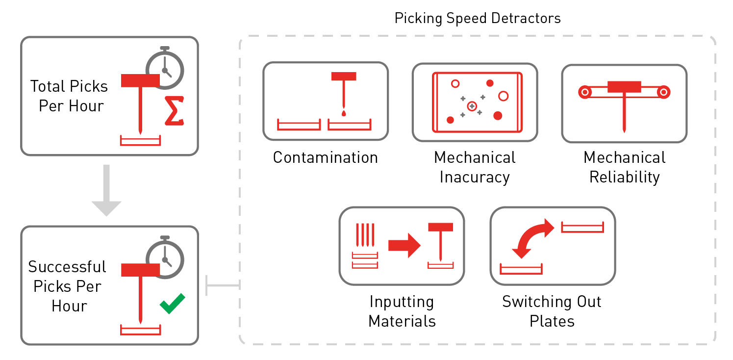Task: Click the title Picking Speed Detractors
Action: click(477, 19)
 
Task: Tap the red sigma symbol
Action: click(174, 111)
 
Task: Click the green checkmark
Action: click(173, 303)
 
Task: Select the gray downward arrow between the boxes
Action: click(106, 191)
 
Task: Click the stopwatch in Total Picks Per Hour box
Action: click(165, 69)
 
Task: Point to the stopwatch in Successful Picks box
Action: click(165, 258)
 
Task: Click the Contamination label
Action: click(325, 157)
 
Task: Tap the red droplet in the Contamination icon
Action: click(343, 113)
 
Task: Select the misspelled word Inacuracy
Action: click(474, 177)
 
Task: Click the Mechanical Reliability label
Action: click(624, 167)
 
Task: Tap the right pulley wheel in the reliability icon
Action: click(663, 92)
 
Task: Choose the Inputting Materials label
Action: click(402, 311)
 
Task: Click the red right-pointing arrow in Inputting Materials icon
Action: click(404, 245)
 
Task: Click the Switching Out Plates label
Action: click(552, 311)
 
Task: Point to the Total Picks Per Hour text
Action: click(70, 96)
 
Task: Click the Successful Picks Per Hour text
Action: click(68, 286)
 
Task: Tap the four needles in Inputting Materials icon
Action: click(365, 235)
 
